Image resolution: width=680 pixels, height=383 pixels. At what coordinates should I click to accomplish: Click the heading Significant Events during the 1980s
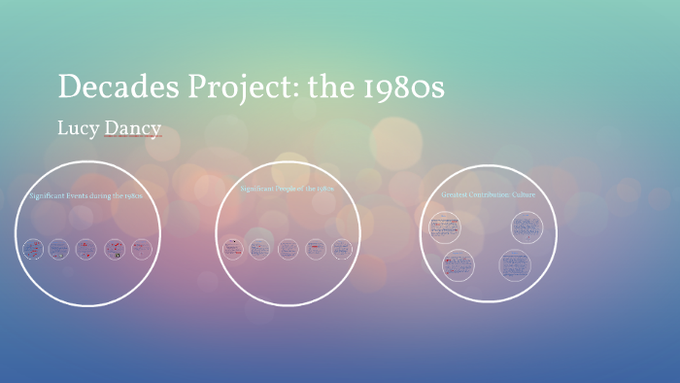(86, 195)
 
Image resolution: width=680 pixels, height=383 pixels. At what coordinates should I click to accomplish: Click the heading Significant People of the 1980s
(287, 189)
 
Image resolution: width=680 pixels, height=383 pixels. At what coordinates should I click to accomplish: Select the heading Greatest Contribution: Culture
(488, 194)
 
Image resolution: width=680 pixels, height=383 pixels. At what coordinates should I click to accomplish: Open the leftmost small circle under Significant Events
(32, 249)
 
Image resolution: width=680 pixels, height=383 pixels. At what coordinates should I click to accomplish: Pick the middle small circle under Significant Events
(87, 249)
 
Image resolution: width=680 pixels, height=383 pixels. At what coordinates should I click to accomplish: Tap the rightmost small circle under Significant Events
(142, 249)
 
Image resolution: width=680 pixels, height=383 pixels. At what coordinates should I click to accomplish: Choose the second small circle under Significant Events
(59, 249)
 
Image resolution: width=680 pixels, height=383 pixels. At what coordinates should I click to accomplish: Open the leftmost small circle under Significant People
(232, 249)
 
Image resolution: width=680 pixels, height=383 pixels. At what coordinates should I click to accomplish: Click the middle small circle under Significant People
(288, 249)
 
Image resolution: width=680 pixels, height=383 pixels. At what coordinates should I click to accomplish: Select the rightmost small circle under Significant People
(342, 249)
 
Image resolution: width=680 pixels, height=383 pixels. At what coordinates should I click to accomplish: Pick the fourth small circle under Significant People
(315, 249)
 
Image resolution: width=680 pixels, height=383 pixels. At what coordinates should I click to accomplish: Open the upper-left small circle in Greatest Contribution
(444, 227)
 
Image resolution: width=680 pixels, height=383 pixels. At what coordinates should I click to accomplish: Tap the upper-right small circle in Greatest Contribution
(527, 227)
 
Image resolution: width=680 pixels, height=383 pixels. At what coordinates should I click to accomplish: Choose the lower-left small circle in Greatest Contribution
(458, 264)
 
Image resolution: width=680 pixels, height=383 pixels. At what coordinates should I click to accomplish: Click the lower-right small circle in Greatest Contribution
(515, 264)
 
